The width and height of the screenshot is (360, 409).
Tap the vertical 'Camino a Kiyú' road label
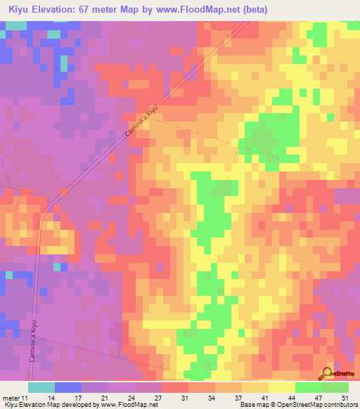(x=32, y=342)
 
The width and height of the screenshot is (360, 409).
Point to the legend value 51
(x=345, y=396)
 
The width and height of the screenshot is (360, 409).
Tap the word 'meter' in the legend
(x=12, y=396)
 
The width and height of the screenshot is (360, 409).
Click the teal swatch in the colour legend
(x=41, y=387)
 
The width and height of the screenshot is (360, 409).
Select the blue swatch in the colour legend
(x=68, y=387)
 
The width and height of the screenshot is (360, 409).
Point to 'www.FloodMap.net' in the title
(x=214, y=9)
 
